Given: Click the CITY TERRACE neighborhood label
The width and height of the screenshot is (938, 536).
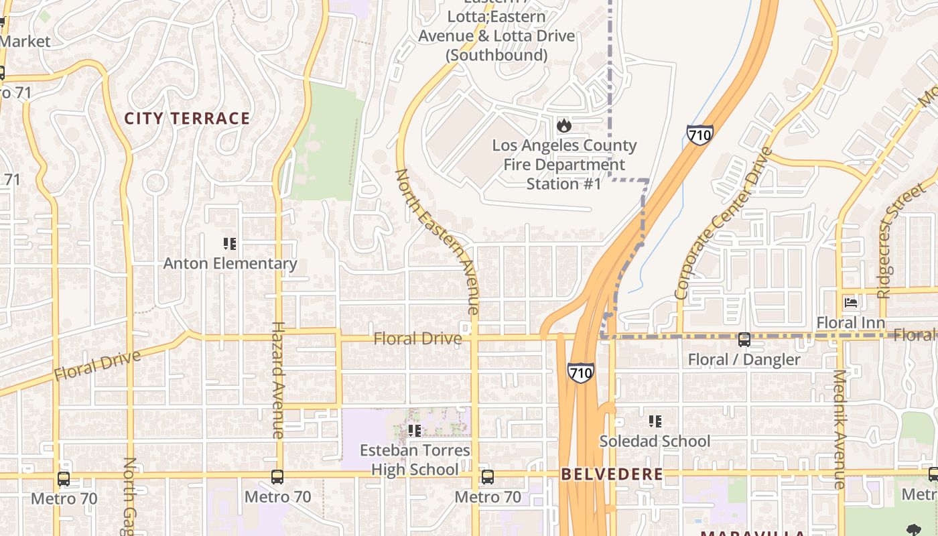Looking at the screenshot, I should tap(187, 119).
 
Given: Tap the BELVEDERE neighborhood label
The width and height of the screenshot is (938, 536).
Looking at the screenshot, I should tap(612, 474).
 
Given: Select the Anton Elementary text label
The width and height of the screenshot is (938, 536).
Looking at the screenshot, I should tap(230, 263).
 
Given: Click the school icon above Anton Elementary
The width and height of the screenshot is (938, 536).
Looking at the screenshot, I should tap(230, 244).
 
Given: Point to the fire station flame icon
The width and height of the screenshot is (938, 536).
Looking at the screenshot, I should tap(563, 125).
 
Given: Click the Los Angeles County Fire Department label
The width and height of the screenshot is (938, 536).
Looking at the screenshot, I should tap(564, 164).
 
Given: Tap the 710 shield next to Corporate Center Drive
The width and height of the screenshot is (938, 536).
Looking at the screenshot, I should tap(699, 135).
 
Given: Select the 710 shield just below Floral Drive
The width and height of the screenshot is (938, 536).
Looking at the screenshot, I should tap(580, 373).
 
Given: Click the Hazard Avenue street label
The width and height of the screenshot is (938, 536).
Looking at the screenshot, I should tap(278, 380).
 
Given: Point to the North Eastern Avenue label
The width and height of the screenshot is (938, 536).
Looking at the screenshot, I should tap(437, 241).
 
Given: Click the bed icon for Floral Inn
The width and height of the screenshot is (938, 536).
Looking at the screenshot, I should tap(851, 303).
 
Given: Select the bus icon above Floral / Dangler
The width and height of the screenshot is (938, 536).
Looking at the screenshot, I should tap(744, 340).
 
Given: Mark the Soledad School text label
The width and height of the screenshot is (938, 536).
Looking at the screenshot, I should tap(655, 441).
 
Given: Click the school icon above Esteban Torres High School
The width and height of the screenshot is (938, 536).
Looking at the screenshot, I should tap(415, 430).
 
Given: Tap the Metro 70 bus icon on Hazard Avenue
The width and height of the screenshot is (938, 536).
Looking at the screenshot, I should tap(277, 477).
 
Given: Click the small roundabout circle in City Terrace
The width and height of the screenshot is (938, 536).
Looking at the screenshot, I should tap(155, 182).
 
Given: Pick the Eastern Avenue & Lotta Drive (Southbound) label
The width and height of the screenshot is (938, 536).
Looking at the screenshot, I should tap(496, 36).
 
